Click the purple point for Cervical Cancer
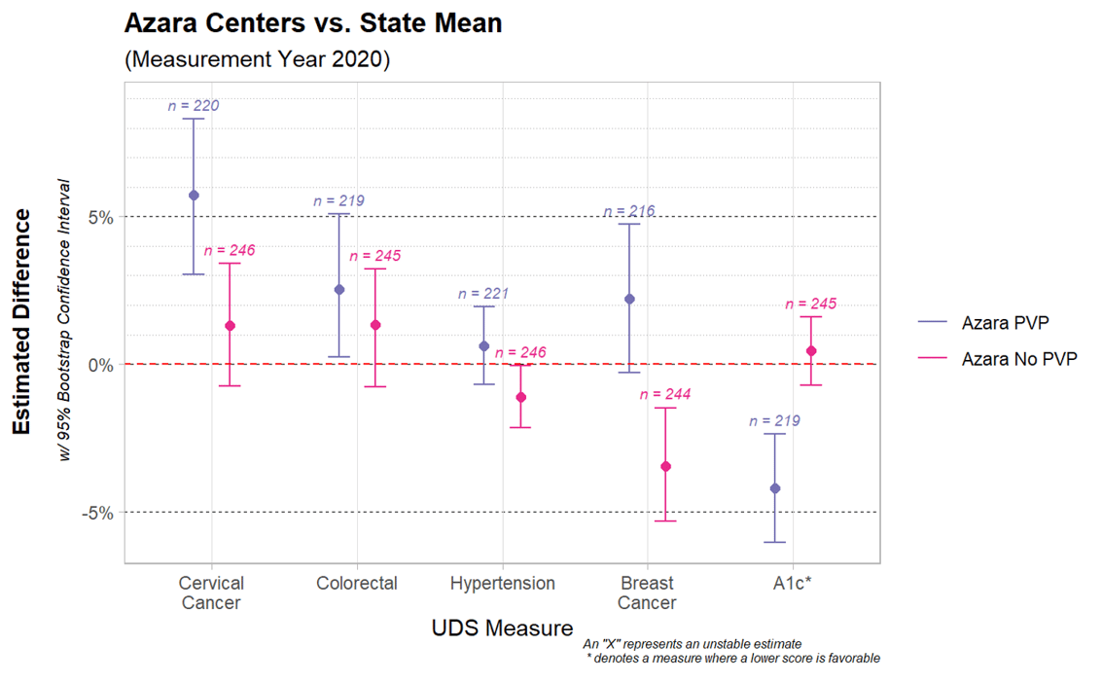(x=194, y=196)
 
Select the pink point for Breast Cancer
(x=666, y=467)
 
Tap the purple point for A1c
(x=775, y=488)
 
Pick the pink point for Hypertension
(x=521, y=397)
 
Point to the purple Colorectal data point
(x=339, y=290)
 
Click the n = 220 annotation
(x=194, y=106)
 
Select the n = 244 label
(x=665, y=394)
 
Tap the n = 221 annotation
(x=483, y=293)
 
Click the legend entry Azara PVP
(x=1005, y=323)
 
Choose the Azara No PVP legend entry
(x=1018, y=359)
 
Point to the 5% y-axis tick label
(x=101, y=217)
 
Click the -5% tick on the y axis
(x=98, y=513)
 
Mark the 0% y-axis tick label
(x=101, y=365)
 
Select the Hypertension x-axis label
(x=503, y=584)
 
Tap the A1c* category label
(x=794, y=584)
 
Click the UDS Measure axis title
(x=502, y=628)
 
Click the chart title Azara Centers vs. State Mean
(x=313, y=23)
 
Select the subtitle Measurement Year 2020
(x=258, y=59)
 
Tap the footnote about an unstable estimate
(x=692, y=644)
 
